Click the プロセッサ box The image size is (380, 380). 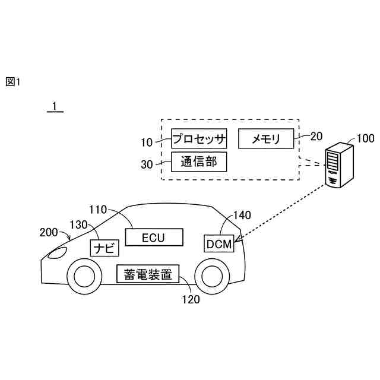[199, 139]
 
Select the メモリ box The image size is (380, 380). [265, 139]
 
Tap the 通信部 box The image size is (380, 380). [199, 161]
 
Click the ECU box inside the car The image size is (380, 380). [153, 237]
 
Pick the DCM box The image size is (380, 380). [219, 243]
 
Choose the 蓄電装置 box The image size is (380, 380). [148, 274]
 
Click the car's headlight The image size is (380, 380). [58, 254]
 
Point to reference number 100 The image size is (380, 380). [365, 139]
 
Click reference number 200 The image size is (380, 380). [49, 232]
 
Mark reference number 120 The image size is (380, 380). [191, 299]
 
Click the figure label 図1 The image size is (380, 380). [12, 82]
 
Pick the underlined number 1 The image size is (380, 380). [54, 106]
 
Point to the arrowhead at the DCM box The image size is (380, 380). [237, 240]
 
